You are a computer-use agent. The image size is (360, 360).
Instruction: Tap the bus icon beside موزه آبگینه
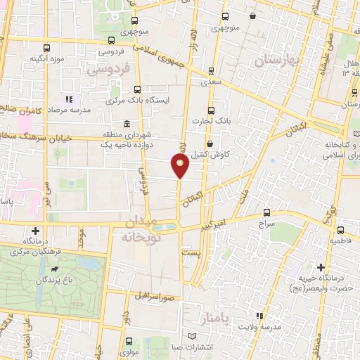point(46,48)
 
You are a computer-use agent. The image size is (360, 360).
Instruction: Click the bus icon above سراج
point(266,212)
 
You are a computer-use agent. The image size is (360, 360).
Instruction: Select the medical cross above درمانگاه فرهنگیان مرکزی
point(35,231)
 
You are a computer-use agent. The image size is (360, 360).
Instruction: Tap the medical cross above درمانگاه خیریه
point(321,267)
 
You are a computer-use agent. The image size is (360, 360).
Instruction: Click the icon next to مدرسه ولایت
point(259,316)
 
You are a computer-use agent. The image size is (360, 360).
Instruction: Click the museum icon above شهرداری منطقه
point(126,124)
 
